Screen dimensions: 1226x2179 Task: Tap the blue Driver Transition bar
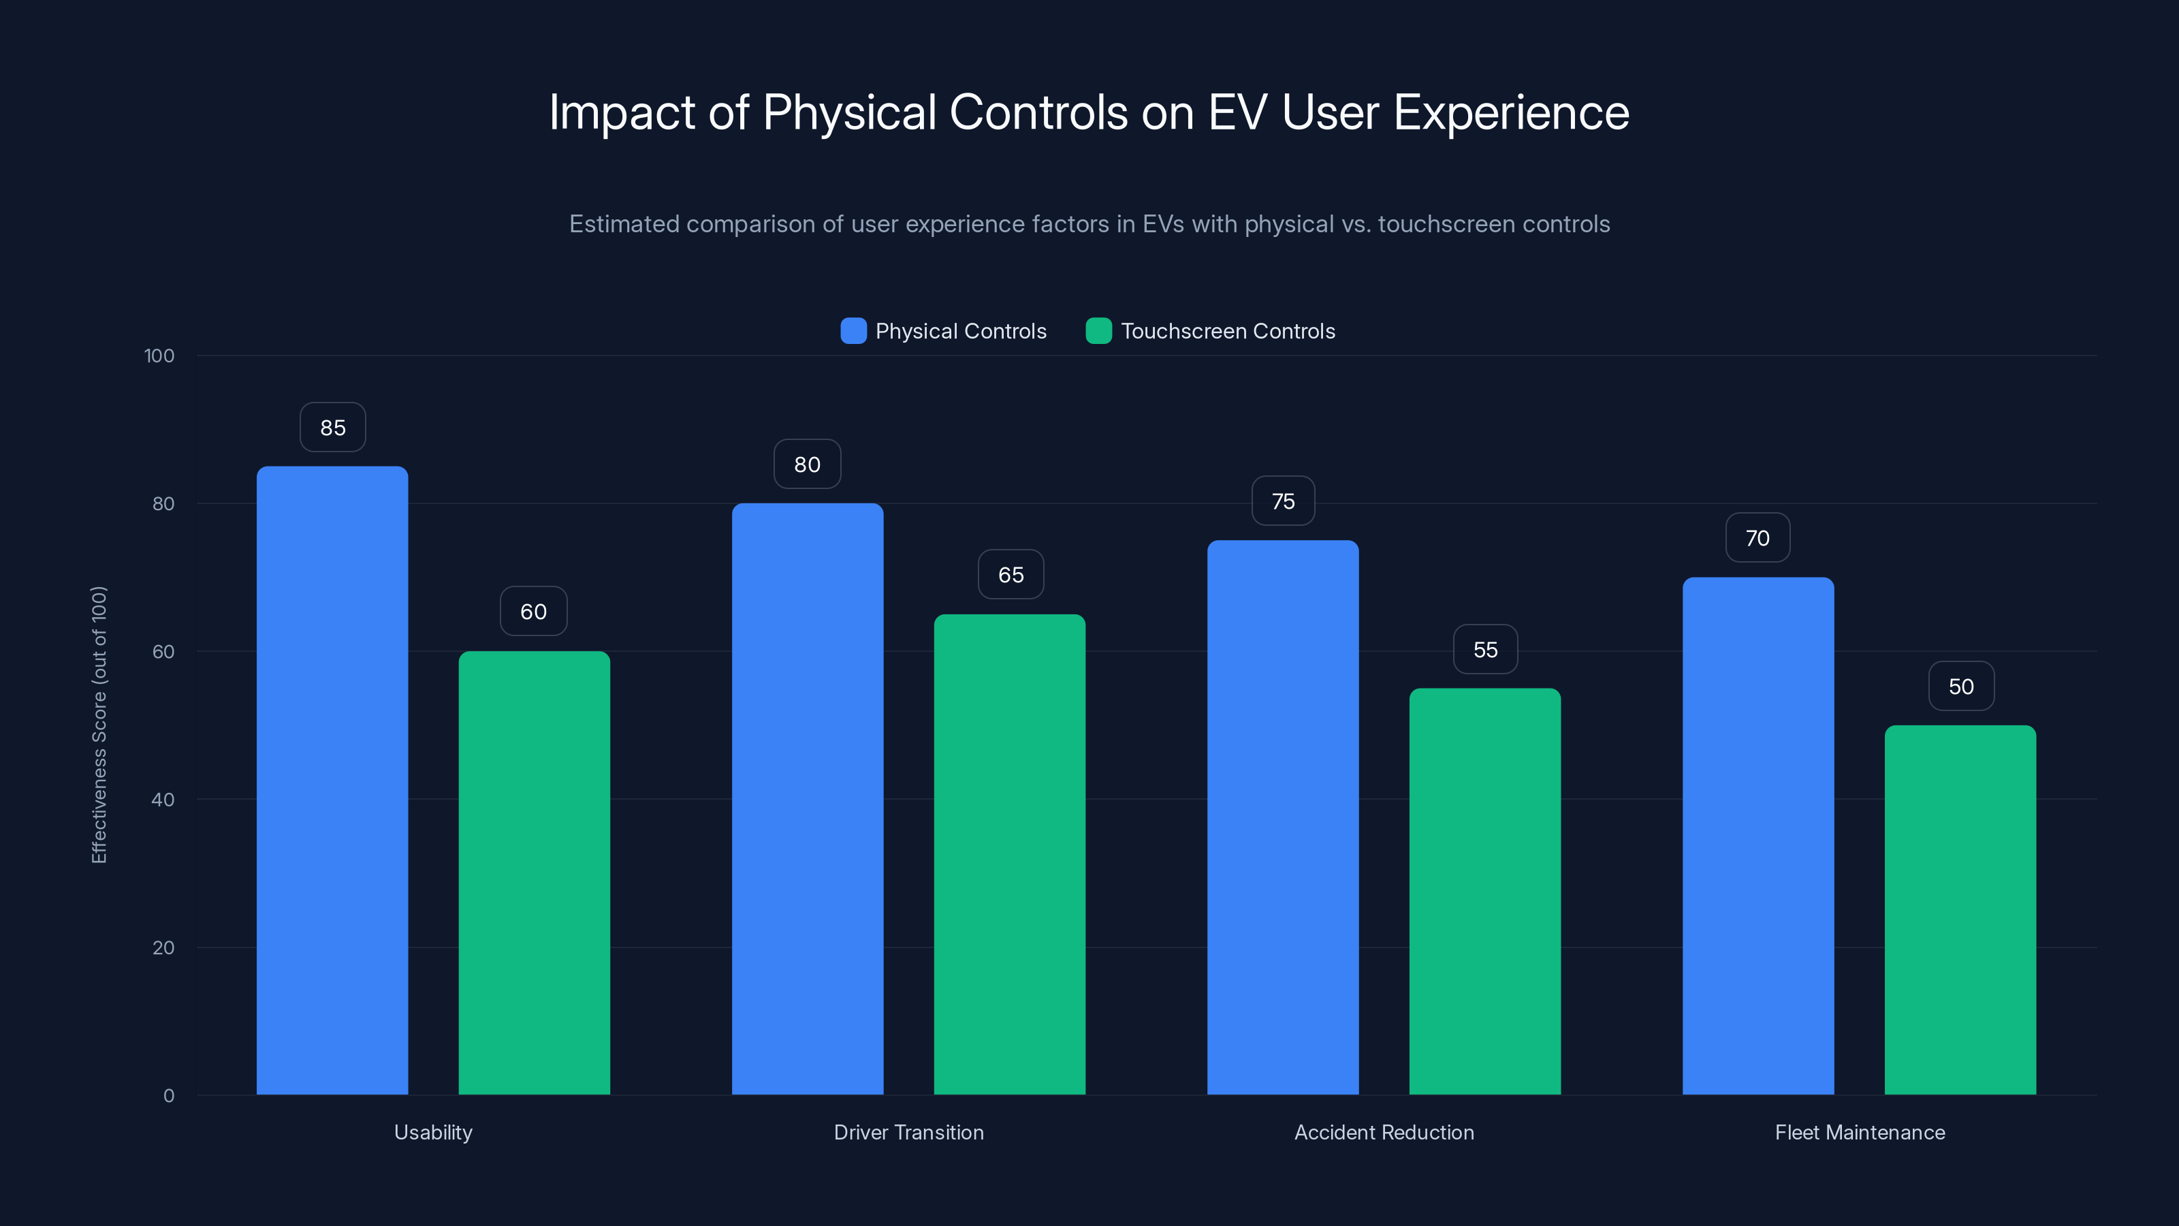click(x=807, y=799)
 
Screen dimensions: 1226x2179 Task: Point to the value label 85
click(x=332, y=427)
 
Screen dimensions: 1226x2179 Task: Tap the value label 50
click(x=1961, y=686)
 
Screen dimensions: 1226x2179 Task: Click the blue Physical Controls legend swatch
click(x=853, y=331)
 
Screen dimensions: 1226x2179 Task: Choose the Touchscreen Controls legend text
click(x=1227, y=331)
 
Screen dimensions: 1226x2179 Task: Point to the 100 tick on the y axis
click(x=159, y=356)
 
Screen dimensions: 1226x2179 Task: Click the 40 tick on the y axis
click(x=163, y=800)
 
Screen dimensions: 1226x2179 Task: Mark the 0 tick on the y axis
click(x=168, y=1096)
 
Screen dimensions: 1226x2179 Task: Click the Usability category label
click(x=433, y=1132)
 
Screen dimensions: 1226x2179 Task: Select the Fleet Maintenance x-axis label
click(x=1859, y=1132)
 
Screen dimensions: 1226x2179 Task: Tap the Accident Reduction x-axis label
click(x=1384, y=1132)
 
